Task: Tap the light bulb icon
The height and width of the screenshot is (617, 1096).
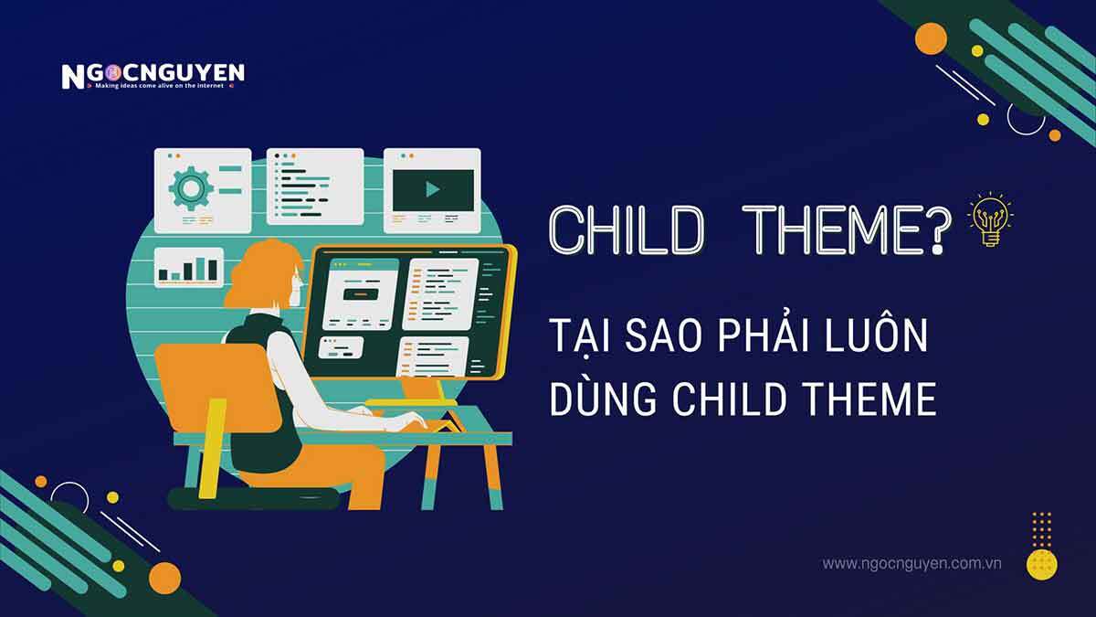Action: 990,218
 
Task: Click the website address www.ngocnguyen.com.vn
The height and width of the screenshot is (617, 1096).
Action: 912,563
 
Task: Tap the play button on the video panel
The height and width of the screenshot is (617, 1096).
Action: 433,189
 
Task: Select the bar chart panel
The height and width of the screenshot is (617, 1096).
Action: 188,267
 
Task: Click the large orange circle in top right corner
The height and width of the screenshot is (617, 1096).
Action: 931,38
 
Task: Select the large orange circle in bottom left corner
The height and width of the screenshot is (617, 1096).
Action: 164,577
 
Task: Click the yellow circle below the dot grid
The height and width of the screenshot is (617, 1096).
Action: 1041,563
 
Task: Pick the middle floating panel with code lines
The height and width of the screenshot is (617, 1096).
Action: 315,189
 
